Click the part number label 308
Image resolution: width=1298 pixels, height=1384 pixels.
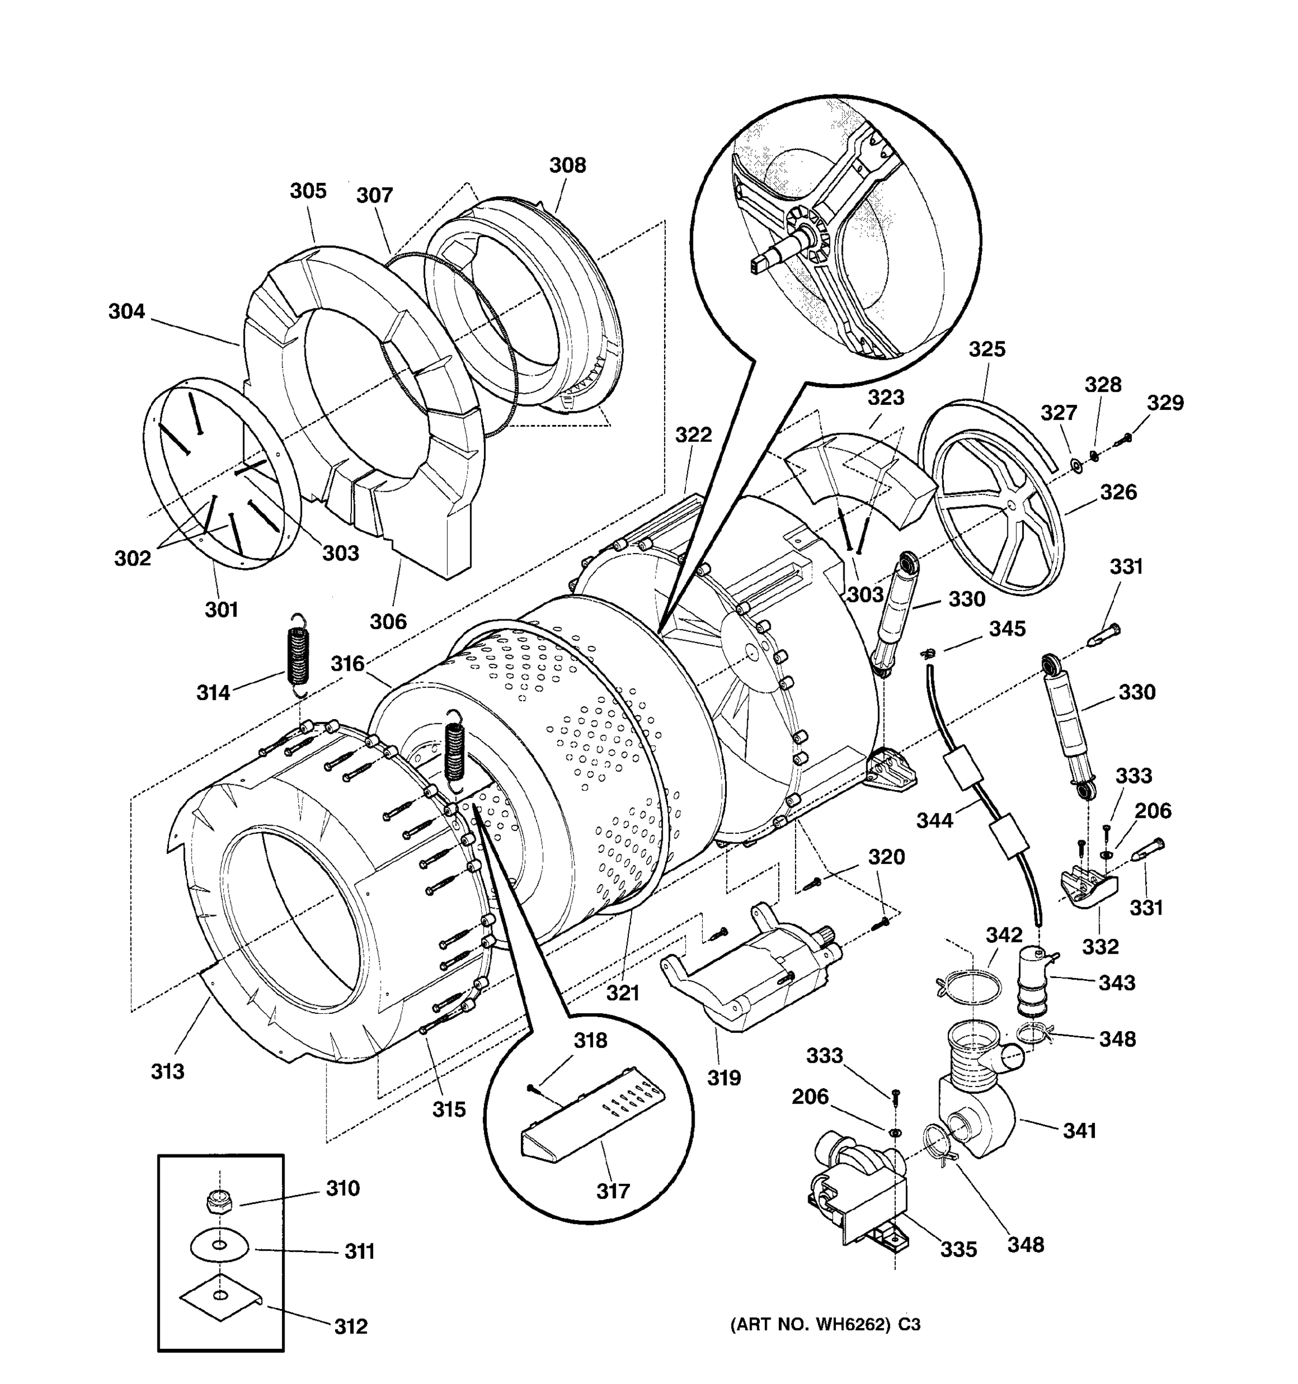point(568,165)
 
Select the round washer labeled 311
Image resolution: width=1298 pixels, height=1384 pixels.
point(219,1244)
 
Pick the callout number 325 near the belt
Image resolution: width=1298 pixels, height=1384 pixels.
point(986,349)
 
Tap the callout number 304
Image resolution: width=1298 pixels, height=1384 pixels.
point(127,311)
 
